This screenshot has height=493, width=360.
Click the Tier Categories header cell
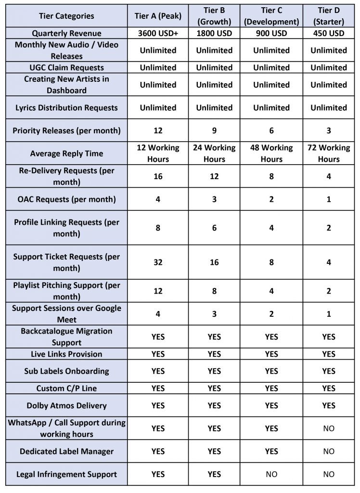click(66, 16)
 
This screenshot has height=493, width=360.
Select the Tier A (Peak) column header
click(158, 16)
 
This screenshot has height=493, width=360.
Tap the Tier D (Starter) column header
click(329, 16)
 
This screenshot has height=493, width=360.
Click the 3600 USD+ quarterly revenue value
click(158, 33)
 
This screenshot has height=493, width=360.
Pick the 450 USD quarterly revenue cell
click(329, 33)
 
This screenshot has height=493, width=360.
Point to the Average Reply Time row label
click(66, 154)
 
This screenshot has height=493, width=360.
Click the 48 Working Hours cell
click(271, 154)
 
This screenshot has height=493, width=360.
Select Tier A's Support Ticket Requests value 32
click(158, 262)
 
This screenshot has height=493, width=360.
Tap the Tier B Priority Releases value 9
click(214, 130)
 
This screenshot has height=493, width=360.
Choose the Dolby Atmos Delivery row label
click(66, 405)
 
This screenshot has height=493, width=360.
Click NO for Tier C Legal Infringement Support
click(271, 474)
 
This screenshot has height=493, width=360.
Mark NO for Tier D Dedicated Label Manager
click(329, 451)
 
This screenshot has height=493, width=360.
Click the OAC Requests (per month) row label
click(66, 199)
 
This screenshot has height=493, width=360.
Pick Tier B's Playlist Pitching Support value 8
click(214, 291)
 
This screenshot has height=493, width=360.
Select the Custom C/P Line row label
click(66, 388)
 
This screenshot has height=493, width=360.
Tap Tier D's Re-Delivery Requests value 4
click(329, 176)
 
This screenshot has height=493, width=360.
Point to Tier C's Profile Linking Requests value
click(271, 228)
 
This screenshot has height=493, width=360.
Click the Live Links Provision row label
click(66, 354)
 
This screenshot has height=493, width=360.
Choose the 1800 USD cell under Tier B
click(214, 33)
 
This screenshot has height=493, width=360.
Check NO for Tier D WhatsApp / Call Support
click(329, 428)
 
